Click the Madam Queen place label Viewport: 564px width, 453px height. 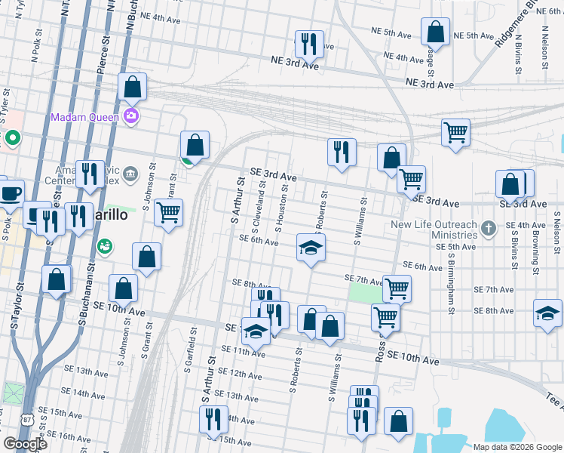[84, 117]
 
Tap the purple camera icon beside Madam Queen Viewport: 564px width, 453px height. [131, 116]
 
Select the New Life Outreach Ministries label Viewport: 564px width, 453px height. [434, 230]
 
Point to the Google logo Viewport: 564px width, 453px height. [25, 444]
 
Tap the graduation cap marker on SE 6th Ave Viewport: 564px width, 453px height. [309, 248]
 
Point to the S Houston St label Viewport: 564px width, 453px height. [279, 204]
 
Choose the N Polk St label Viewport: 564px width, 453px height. [35, 46]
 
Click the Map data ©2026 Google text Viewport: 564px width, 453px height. [516, 447]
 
